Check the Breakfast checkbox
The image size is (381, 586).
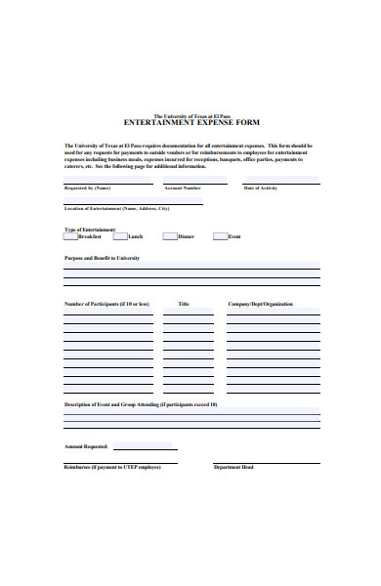[x=70, y=236]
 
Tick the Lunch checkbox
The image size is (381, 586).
[x=120, y=236]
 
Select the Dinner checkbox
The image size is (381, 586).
[x=170, y=236]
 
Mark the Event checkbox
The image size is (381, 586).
[x=220, y=236]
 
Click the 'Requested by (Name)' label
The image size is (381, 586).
[x=87, y=188]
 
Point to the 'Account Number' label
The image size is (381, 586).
[x=183, y=188]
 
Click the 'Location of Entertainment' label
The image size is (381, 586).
[x=116, y=209]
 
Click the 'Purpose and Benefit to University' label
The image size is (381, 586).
[x=102, y=258]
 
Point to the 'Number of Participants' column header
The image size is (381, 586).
[x=106, y=304]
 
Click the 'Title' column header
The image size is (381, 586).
[x=183, y=304]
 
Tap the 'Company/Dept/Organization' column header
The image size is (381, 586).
[x=260, y=304]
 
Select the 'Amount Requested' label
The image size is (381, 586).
[x=86, y=446]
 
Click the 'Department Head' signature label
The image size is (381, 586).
[x=233, y=467]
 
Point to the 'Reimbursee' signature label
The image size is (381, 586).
[x=112, y=467]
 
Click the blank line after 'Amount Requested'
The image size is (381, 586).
[x=143, y=447]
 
